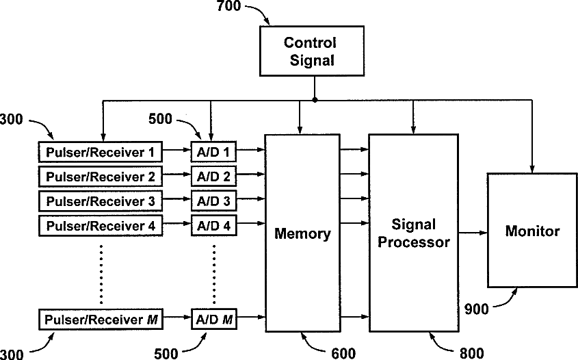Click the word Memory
click(x=302, y=234)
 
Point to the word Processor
click(x=414, y=243)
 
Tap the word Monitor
click(x=532, y=231)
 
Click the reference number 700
click(x=228, y=6)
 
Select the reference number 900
click(x=476, y=309)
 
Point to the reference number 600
click(x=343, y=353)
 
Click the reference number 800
click(x=472, y=353)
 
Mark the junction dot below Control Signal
click(x=315, y=100)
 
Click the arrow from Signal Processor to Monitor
click(x=473, y=233)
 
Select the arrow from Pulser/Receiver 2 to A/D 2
click(x=176, y=174)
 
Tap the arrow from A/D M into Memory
click(x=251, y=316)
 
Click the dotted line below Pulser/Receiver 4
click(x=101, y=274)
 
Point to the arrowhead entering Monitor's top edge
click(x=531, y=169)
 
